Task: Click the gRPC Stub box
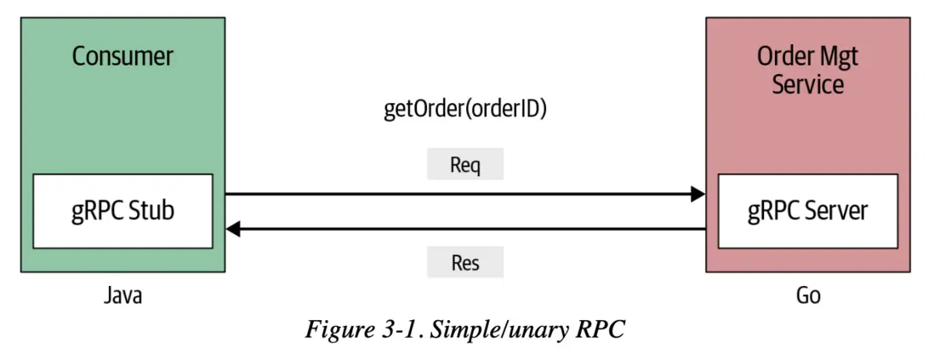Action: pyautogui.click(x=122, y=211)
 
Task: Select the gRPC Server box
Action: pyautogui.click(x=808, y=211)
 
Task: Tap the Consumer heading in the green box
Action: pyautogui.click(x=122, y=57)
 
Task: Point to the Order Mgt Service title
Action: pyautogui.click(x=808, y=71)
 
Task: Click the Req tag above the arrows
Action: pyautogui.click(x=465, y=164)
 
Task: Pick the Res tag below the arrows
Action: pyautogui.click(x=465, y=262)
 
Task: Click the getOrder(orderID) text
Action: pyautogui.click(x=465, y=111)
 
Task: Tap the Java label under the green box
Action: pyautogui.click(x=122, y=296)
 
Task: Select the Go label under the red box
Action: pyautogui.click(x=808, y=297)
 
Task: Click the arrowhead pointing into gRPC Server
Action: pyautogui.click(x=698, y=195)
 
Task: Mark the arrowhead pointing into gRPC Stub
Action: pyautogui.click(x=233, y=229)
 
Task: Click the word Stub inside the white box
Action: pyautogui.click(x=153, y=211)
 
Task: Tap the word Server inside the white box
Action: pyautogui.click(x=838, y=211)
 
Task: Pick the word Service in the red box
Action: pyautogui.click(x=808, y=84)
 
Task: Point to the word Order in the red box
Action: pyautogui.click(x=783, y=57)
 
